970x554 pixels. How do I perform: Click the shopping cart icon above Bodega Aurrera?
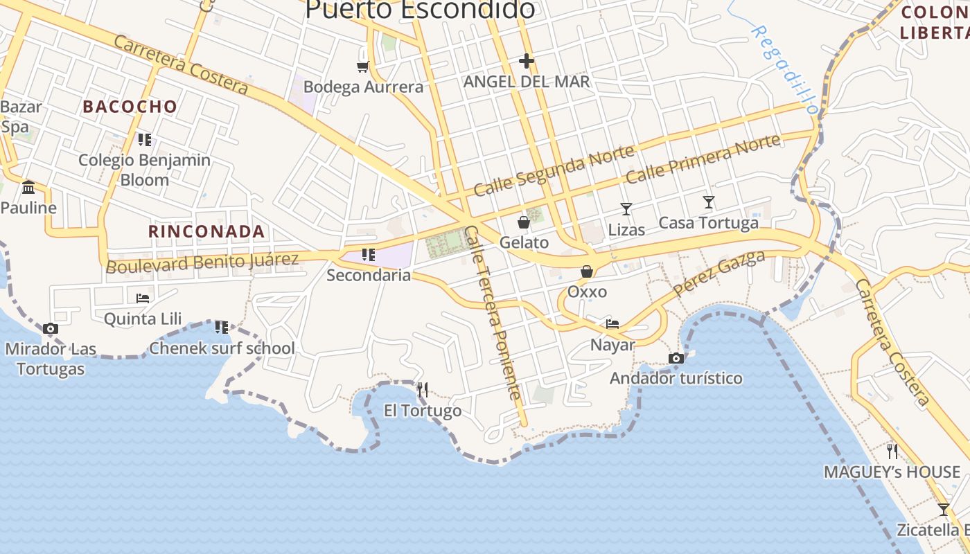[x=362, y=66]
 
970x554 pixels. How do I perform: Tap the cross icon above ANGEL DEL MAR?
[x=527, y=61]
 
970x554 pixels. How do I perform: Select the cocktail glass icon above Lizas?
[x=626, y=208]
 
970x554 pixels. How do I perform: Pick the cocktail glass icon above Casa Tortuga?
[x=708, y=202]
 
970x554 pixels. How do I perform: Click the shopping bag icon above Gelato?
[x=524, y=222]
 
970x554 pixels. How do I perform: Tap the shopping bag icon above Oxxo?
[x=587, y=271]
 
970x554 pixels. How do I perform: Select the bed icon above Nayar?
[x=612, y=323]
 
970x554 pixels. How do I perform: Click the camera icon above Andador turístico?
[x=676, y=358]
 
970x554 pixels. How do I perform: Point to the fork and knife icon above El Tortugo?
[x=423, y=390]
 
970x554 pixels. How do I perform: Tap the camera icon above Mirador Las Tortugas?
[x=50, y=329]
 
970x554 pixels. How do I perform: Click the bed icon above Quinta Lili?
[x=143, y=298]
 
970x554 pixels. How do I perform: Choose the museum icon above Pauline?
[x=28, y=187]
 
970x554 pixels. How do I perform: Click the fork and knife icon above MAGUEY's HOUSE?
[x=892, y=452]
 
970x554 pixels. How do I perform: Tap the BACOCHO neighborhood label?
[x=130, y=107]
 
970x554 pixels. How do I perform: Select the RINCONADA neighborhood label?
[x=206, y=231]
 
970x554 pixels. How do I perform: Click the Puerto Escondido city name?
[x=420, y=10]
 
